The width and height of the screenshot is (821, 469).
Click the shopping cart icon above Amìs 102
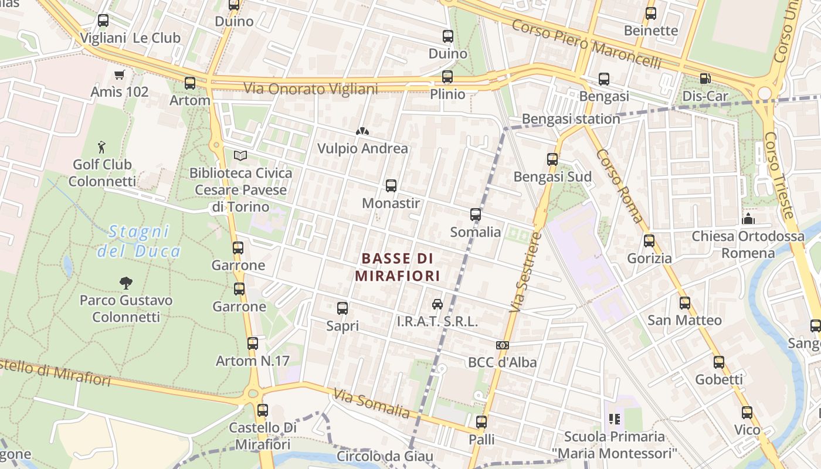(x=120, y=74)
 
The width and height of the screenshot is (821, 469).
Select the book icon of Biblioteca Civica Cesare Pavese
(x=240, y=155)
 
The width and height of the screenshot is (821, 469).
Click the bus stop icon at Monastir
(x=391, y=186)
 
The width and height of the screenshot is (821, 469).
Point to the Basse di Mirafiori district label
(x=397, y=267)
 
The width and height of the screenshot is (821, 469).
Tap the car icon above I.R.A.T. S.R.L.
(x=437, y=304)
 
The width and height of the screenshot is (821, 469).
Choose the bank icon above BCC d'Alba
(x=502, y=345)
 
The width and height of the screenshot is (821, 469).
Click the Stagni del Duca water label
(x=139, y=241)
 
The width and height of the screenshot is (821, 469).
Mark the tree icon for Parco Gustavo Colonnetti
(x=125, y=283)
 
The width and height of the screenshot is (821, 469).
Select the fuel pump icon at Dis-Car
(x=705, y=79)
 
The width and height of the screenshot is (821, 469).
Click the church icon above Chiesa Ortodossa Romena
(x=748, y=219)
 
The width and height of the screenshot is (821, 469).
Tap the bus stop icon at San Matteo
(x=684, y=303)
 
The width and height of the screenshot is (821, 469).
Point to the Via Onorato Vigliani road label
(x=311, y=89)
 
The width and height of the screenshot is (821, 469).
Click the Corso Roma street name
(x=620, y=186)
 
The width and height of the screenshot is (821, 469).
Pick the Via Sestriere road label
(x=525, y=272)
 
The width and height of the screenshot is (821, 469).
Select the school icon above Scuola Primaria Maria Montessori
(x=615, y=419)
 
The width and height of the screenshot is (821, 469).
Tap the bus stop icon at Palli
(x=481, y=422)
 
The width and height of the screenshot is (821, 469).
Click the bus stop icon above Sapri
(x=342, y=308)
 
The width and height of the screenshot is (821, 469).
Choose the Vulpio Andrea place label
(x=362, y=148)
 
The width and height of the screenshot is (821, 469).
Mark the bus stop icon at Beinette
(x=650, y=13)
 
